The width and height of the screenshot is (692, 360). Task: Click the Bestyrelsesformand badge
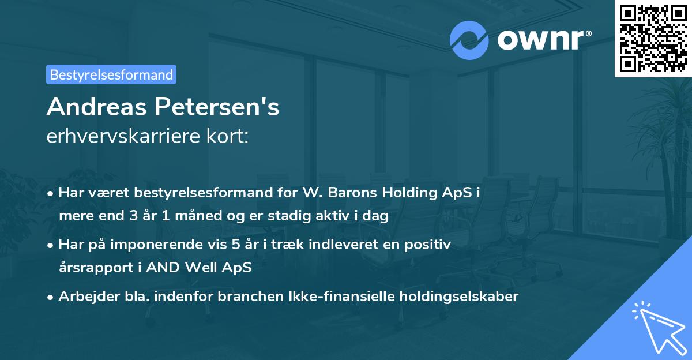point(111,74)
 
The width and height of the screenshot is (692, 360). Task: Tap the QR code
point(653,38)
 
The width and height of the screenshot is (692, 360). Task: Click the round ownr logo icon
point(469,39)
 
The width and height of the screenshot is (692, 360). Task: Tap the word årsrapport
point(93,268)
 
